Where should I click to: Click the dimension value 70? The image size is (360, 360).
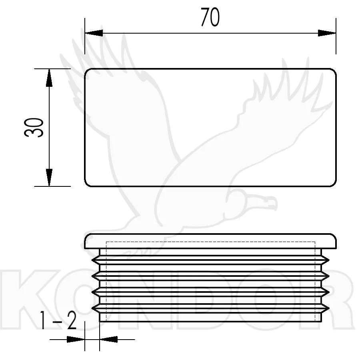210,17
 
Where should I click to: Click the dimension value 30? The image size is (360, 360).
34,128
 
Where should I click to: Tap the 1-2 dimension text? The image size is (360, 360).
58,320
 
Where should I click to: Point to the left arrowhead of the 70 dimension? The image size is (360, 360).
94,33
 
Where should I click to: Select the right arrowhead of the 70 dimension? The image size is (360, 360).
327,33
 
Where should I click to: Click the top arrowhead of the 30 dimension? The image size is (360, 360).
49,78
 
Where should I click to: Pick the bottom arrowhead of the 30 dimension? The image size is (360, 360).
49,177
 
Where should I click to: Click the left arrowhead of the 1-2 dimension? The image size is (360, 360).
76,339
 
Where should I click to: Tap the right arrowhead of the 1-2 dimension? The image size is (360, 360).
108,339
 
